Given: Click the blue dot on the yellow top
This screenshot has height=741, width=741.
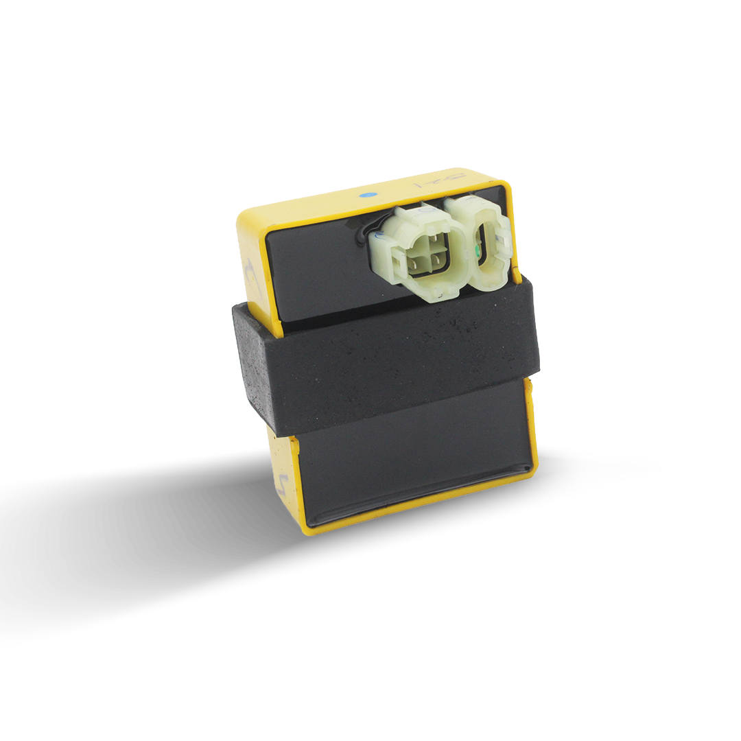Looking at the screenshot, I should [x=369, y=196].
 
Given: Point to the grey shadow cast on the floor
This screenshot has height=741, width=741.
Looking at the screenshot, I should [x=137, y=521].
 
